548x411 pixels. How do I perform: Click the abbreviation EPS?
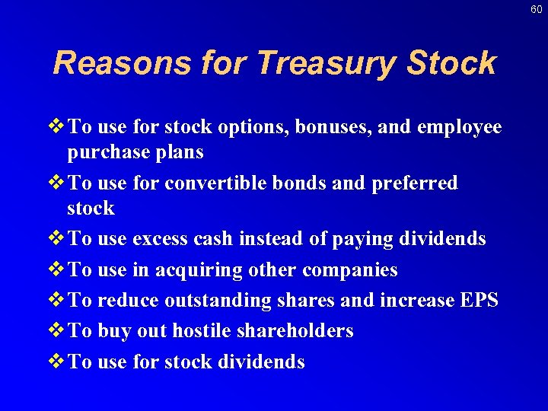(x=479, y=301)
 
